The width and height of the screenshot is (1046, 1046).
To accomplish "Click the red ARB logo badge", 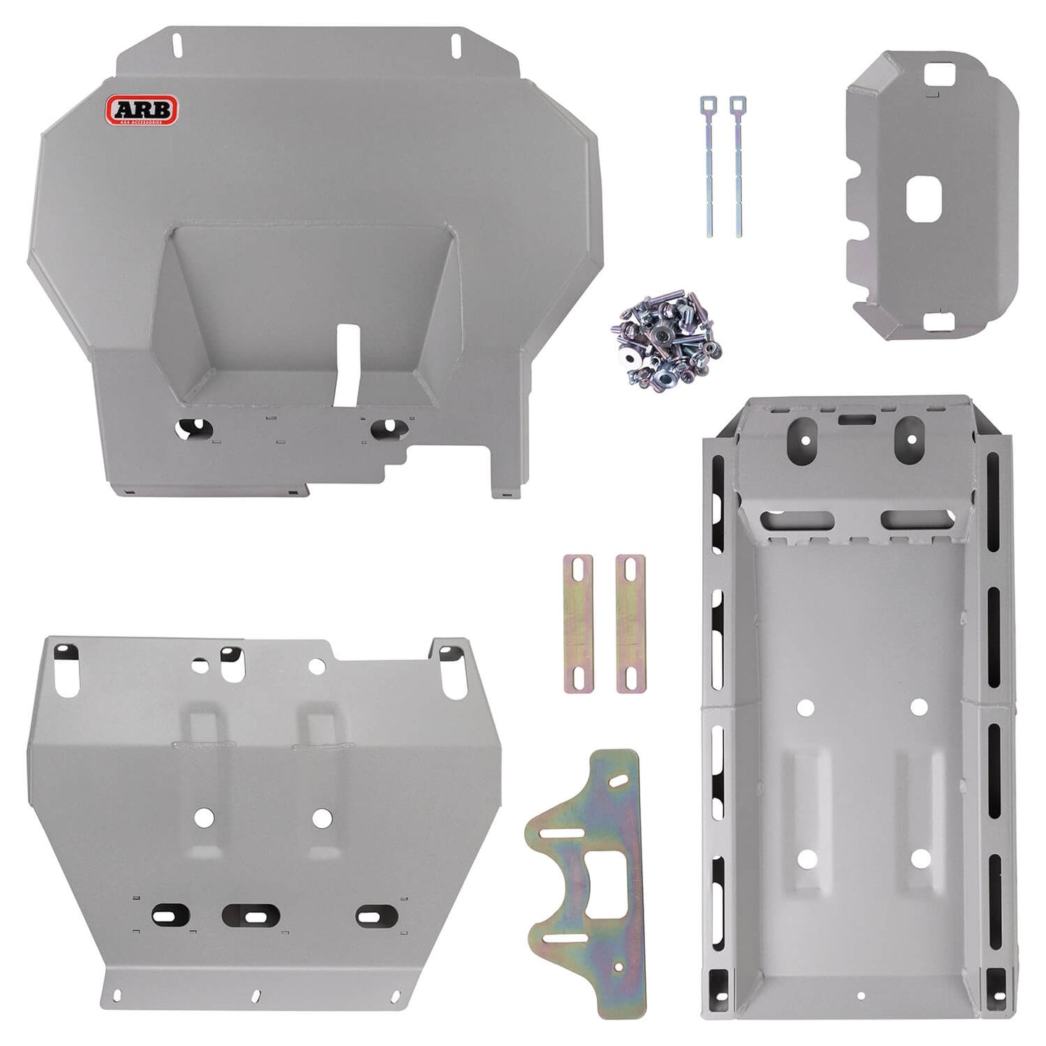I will pos(140,110).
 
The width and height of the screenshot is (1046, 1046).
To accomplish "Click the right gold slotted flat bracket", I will pos(630,623).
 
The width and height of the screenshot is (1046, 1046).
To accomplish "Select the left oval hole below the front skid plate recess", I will pos(193,428).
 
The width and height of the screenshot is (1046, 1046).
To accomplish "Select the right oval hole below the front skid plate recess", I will pos(388,428).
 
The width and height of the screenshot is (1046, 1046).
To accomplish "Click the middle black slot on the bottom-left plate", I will pos(250,916).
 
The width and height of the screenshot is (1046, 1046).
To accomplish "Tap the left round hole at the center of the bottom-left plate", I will pos(204,817).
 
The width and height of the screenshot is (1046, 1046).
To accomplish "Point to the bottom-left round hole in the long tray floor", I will pos(806,859).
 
